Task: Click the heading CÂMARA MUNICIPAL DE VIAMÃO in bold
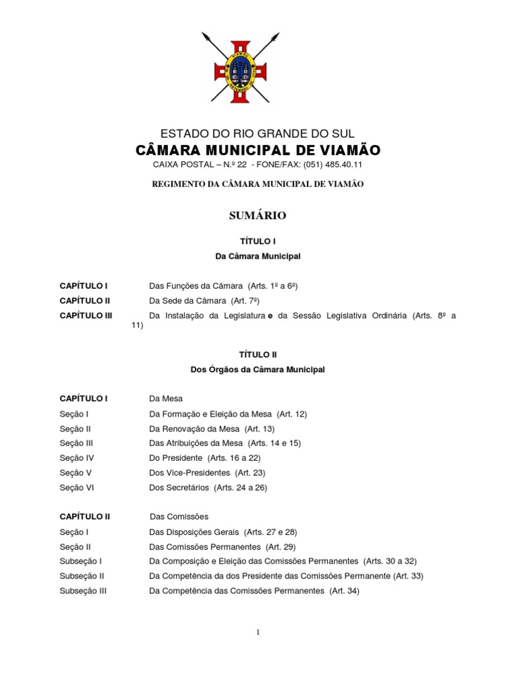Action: point(258,149)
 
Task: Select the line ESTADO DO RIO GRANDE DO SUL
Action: point(258,133)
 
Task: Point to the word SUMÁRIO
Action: point(258,216)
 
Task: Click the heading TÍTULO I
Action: point(258,241)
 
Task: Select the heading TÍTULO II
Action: point(258,354)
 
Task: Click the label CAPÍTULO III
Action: point(86,316)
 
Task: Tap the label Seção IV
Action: point(77,458)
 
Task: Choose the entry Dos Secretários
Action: point(179,488)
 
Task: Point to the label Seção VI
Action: point(77,488)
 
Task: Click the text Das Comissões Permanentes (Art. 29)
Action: point(222,547)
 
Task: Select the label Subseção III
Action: point(83,591)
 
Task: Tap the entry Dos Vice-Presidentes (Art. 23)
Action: point(207,472)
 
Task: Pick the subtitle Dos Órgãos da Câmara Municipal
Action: point(258,370)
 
